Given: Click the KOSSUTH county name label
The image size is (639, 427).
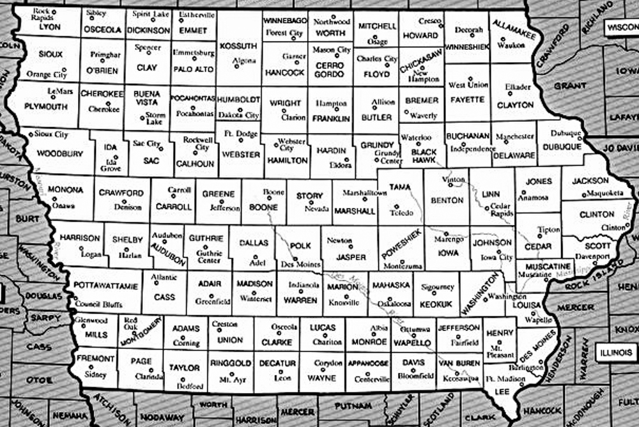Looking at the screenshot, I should coord(238,46).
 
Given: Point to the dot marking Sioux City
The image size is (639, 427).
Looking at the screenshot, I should coord(30,136).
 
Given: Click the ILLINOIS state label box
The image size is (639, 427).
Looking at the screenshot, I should coord(616,352).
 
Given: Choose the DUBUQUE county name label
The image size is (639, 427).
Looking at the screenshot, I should coord(562,146).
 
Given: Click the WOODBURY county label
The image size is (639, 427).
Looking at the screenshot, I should coord(60,154).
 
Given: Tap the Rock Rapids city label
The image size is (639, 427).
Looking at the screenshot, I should coord(42,14).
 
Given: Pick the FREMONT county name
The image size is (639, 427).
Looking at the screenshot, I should coord(95,359).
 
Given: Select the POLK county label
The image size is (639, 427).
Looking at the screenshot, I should coord(300,245).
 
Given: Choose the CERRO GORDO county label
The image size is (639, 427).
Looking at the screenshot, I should coord(329,70).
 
